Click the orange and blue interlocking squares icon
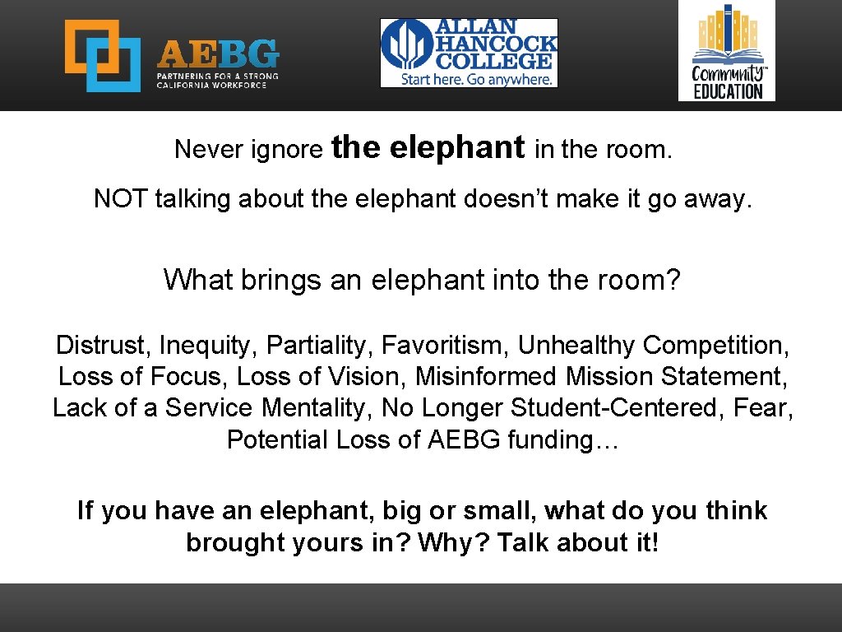[103, 55]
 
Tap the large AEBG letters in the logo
[217, 55]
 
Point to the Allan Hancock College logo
[469, 53]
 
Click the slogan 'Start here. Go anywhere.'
[476, 78]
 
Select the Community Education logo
[726, 51]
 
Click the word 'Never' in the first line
[202, 150]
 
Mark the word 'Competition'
[715, 345]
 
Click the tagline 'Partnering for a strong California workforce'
[217, 80]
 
